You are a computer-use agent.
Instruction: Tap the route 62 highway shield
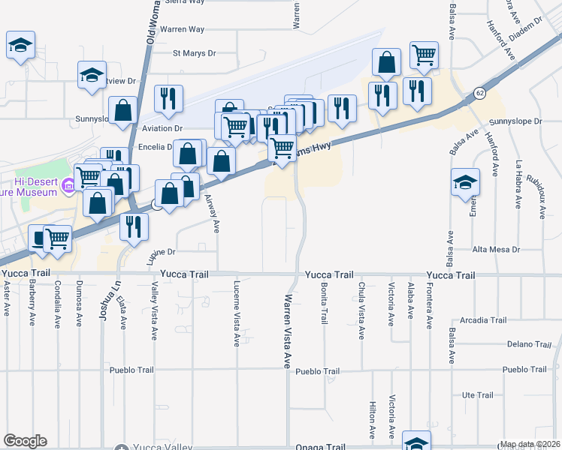pyautogui.click(x=479, y=92)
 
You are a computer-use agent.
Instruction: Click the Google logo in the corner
pyautogui.click(x=25, y=441)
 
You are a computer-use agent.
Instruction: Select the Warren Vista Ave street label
pyautogui.click(x=287, y=330)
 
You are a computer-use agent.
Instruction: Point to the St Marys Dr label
pyautogui.click(x=194, y=53)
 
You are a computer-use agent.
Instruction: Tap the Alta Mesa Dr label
pyautogui.click(x=496, y=249)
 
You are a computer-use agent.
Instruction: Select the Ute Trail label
pyautogui.click(x=477, y=395)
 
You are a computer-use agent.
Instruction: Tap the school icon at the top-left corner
pyautogui.click(x=21, y=46)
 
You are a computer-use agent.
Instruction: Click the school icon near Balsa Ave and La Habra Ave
pyautogui.click(x=465, y=181)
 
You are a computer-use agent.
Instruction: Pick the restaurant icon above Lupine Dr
pyautogui.click(x=134, y=225)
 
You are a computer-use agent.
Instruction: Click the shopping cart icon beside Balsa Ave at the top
pyautogui.click(x=424, y=54)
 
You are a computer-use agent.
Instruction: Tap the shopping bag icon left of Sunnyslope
pyautogui.click(x=122, y=110)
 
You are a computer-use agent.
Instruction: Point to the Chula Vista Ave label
pyautogui.click(x=361, y=309)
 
